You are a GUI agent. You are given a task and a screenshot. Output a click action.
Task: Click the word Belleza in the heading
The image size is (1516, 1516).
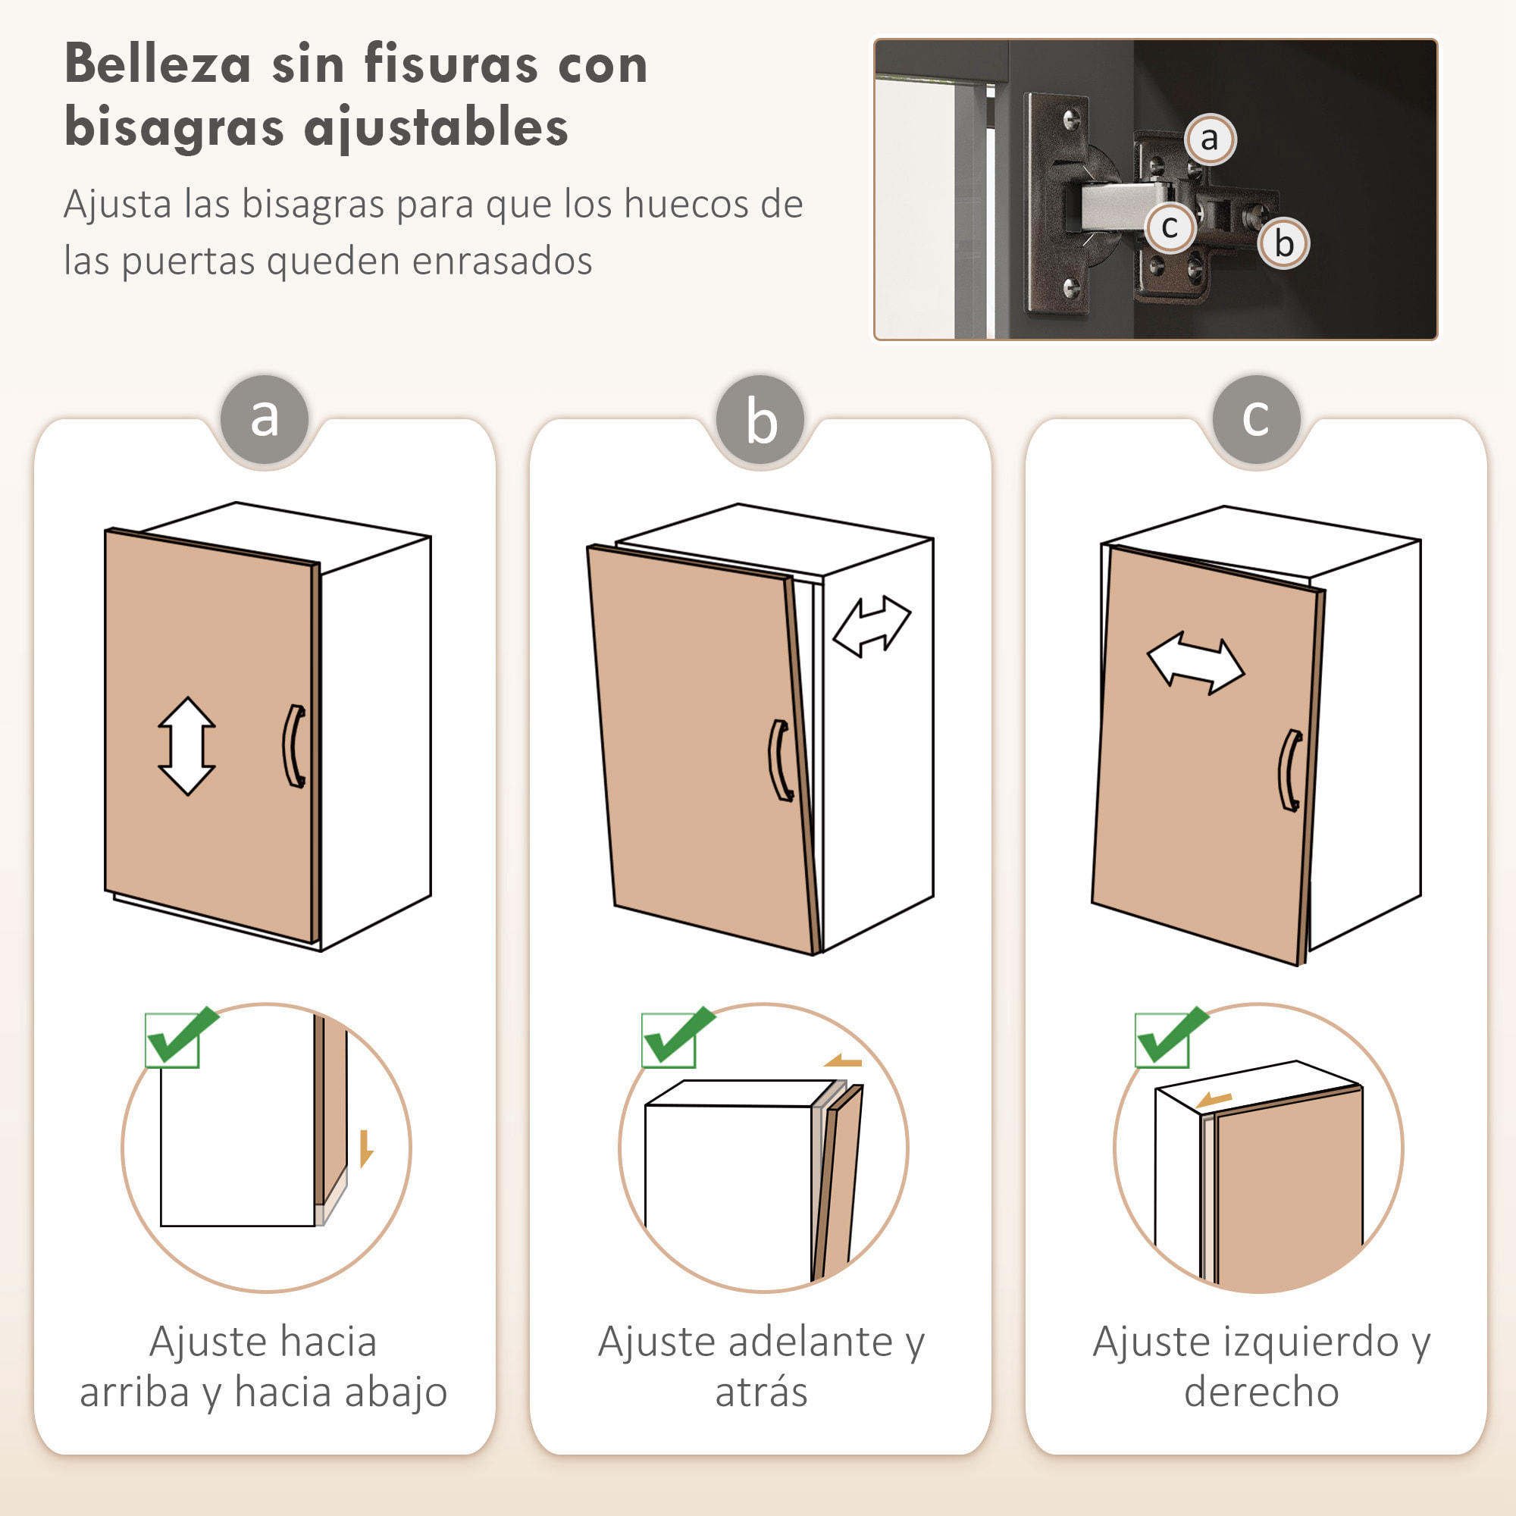click(157, 64)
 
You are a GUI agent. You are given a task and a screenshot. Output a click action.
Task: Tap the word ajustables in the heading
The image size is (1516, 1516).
click(436, 128)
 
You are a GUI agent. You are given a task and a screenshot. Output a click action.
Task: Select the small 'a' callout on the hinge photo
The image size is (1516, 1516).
click(1209, 139)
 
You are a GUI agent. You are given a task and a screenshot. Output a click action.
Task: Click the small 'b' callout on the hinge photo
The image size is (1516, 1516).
click(1283, 243)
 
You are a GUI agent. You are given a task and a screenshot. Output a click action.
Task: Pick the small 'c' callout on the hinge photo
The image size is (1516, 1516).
click(1169, 227)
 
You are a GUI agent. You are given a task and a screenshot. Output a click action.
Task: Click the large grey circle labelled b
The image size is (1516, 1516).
click(760, 420)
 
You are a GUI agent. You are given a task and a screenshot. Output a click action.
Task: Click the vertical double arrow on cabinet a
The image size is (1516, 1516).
click(186, 745)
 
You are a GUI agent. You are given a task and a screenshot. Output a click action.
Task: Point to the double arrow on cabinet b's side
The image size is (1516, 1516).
click(871, 625)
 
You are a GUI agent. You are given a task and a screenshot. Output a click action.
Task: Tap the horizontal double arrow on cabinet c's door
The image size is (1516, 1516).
click(1195, 663)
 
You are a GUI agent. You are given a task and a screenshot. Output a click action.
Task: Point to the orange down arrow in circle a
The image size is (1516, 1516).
click(365, 1148)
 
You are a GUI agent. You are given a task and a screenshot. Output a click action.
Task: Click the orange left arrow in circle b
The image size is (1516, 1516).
click(842, 1062)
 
